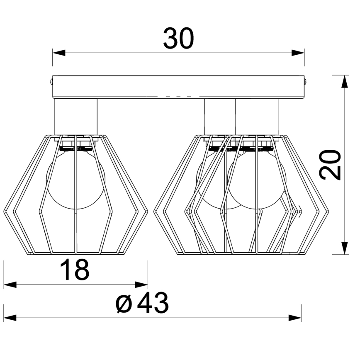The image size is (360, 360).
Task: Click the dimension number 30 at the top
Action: point(179,39)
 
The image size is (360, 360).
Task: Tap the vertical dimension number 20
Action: point(331,165)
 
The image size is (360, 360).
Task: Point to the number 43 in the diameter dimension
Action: point(153,303)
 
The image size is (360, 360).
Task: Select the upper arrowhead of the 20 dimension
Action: point(344,82)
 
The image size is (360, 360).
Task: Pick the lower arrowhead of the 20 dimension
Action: point(344,248)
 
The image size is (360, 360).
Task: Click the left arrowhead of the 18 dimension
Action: point(10,285)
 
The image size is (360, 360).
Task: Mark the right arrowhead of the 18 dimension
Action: point(142,285)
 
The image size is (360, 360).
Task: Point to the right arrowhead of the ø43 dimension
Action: point(295,318)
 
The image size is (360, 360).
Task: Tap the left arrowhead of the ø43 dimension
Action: point(10,318)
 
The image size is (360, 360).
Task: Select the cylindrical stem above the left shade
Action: point(75,117)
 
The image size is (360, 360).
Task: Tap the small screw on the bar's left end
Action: point(51,81)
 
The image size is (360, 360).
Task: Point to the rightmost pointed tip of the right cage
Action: point(328,210)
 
